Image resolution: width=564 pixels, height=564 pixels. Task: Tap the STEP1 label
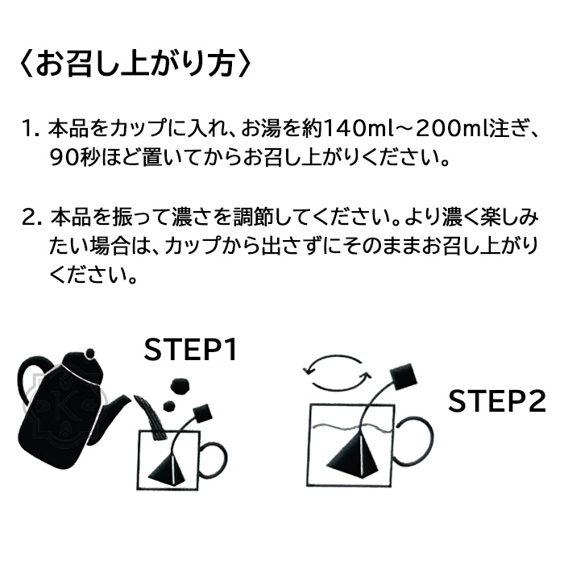(191, 349)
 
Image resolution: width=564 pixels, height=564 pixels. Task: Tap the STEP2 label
(497, 401)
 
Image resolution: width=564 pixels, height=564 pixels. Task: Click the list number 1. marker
(31, 129)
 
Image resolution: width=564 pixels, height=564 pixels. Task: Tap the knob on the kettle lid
(90, 354)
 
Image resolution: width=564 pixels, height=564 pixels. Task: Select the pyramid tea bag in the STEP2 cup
(355, 453)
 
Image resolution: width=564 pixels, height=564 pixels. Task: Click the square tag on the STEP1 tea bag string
(201, 413)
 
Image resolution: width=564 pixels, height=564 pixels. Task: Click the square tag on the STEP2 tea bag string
(404, 377)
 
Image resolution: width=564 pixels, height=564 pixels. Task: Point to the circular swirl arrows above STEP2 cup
(336, 373)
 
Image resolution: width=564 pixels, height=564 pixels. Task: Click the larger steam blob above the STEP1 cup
(179, 386)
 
